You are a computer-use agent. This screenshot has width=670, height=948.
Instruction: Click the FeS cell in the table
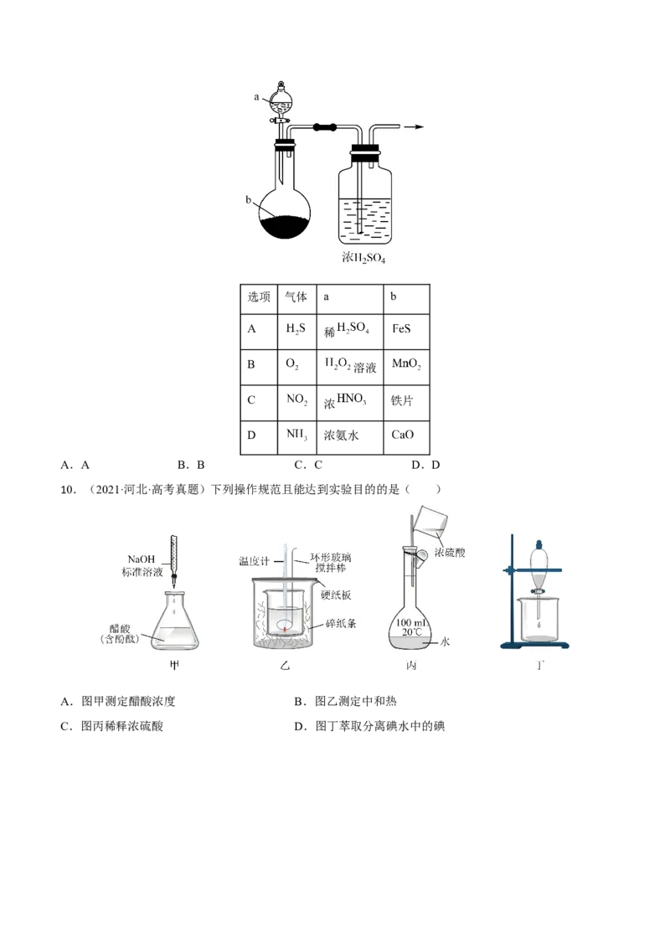coord(406,332)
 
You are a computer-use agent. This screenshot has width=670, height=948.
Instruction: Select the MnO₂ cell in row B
coord(406,367)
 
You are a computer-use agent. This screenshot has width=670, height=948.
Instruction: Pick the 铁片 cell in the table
coord(406,403)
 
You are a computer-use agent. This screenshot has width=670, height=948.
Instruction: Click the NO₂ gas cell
coord(297,403)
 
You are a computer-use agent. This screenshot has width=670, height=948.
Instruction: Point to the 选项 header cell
coord(259,299)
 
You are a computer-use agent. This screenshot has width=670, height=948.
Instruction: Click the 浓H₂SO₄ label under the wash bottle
coord(363,258)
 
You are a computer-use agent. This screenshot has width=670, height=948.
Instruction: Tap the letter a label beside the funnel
coord(256,97)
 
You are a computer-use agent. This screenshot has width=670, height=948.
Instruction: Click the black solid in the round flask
coord(285,226)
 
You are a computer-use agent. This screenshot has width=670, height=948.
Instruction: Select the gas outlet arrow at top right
coord(414,127)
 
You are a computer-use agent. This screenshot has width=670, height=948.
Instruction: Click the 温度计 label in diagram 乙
coord(254,561)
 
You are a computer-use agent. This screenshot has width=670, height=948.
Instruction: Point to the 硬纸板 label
coord(336,595)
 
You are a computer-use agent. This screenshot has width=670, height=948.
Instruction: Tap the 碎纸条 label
coord(341,623)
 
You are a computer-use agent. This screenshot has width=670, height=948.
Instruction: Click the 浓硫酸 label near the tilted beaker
coord(450,553)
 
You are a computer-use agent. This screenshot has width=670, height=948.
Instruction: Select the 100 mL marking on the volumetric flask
coord(411,623)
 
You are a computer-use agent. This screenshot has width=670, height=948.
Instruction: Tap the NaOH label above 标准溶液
coord(142,559)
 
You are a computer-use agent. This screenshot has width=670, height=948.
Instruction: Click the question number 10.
coord(68,490)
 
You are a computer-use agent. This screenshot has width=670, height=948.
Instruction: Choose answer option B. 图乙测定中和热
coord(345,701)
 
